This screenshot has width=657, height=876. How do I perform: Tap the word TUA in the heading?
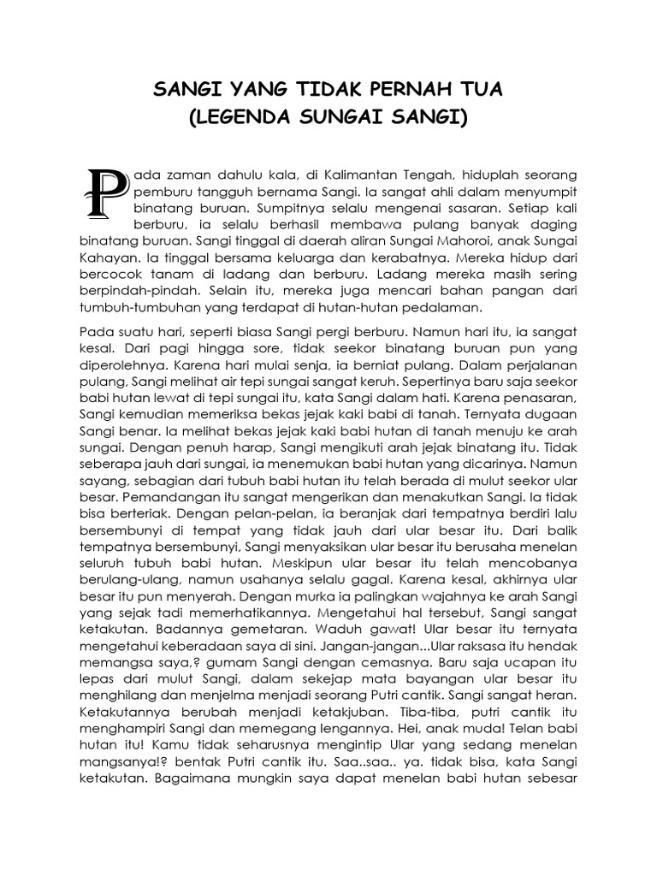click(481, 90)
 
